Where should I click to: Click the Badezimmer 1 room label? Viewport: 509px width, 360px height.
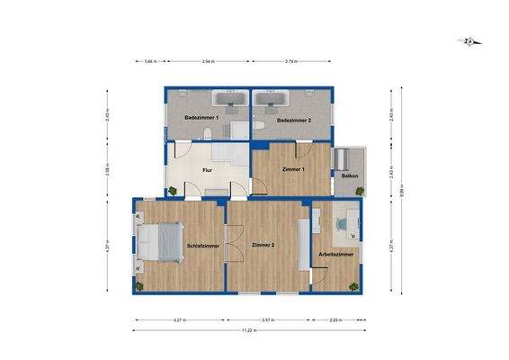coord(201,118)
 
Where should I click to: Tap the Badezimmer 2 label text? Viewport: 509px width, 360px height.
coord(293,120)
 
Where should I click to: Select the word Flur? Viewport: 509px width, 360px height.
coord(206,168)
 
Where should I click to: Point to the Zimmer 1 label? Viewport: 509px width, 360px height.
coord(293,169)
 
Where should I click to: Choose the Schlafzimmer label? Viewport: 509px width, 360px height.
coord(203,245)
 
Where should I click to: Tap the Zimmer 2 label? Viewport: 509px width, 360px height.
coord(263,245)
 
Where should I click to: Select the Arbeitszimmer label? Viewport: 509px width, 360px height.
coord(335,255)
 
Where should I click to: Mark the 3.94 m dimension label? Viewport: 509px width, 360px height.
coord(208,62)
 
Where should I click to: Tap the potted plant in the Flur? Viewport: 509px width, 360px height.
coord(172,191)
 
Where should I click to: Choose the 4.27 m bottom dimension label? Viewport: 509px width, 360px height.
coord(179,319)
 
